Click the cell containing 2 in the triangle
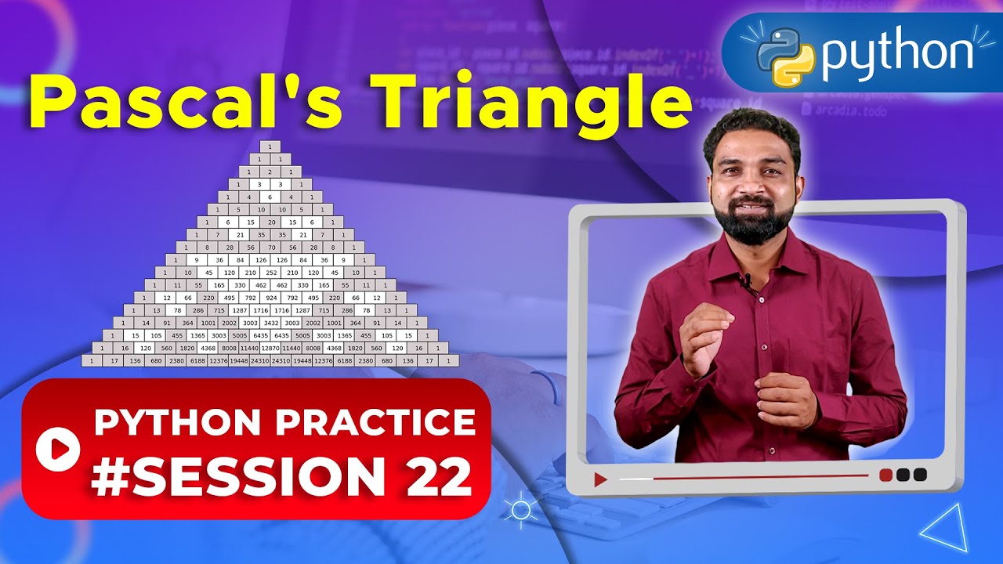(270, 172)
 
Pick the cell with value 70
(270, 247)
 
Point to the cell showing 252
(270, 272)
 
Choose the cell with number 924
(270, 298)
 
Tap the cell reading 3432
(270, 322)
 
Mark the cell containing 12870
(270, 347)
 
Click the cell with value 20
(270, 222)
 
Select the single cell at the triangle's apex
(270, 146)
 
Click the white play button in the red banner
(58, 448)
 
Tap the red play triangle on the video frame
(600, 479)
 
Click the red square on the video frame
(886, 475)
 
